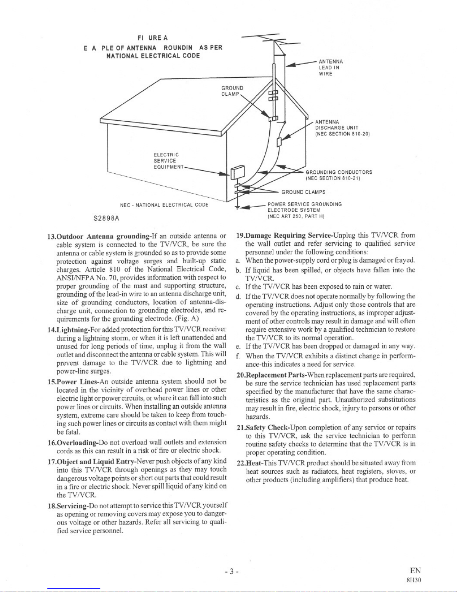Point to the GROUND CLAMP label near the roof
pyautogui.click(x=232, y=91)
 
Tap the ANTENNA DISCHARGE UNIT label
pyautogui.click(x=342, y=127)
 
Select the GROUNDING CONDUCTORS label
pyautogui.click(x=339, y=175)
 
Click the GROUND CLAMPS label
pyautogui.click(x=303, y=192)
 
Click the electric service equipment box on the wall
pyautogui.click(x=237, y=173)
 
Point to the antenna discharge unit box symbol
pyautogui.click(x=279, y=142)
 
